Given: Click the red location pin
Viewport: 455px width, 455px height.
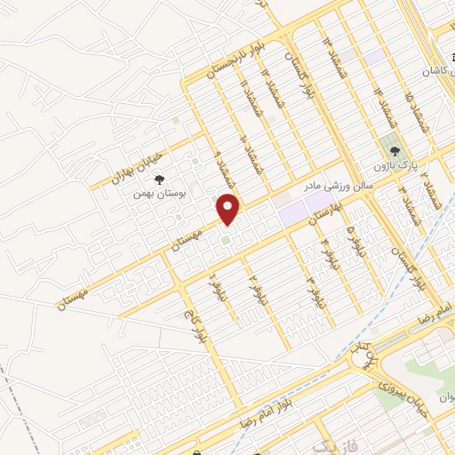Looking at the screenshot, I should click(x=229, y=208).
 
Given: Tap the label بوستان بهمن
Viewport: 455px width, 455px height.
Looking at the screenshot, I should click(x=156, y=193).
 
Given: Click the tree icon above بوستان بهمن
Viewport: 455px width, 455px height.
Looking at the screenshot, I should click(x=159, y=180).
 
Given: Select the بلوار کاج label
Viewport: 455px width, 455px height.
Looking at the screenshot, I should click(x=193, y=323).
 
